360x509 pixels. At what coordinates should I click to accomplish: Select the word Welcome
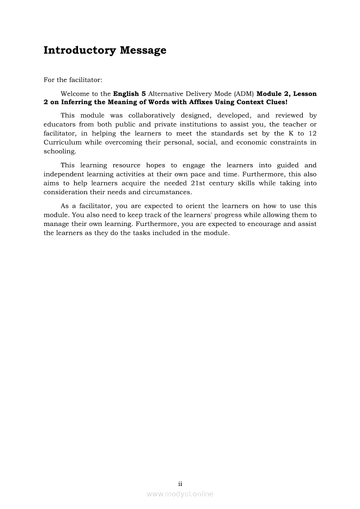click(x=75, y=94)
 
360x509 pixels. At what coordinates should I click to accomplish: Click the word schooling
click(x=60, y=151)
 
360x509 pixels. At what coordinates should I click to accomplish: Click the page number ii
click(x=180, y=484)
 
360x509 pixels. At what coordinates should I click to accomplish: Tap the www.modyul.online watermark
click(x=180, y=494)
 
